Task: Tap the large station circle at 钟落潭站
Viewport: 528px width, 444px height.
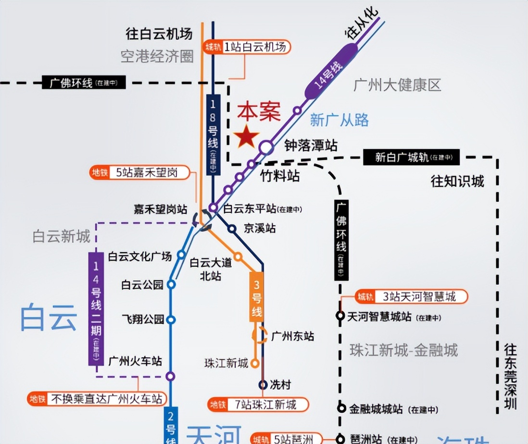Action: pyautogui.click(x=266, y=147)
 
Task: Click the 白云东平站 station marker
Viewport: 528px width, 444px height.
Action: pyautogui.click(x=213, y=208)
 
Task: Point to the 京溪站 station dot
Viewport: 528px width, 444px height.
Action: pyautogui.click(x=232, y=229)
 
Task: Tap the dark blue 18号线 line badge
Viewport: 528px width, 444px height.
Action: pyautogui.click(x=213, y=135)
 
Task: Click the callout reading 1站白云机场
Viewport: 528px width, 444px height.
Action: pyautogui.click(x=247, y=47)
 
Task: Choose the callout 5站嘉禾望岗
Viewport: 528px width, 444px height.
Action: pyautogui.click(x=140, y=172)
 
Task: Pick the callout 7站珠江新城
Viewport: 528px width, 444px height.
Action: pyautogui.click(x=258, y=405)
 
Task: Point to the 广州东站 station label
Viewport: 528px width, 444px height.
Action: pyautogui.click(x=292, y=336)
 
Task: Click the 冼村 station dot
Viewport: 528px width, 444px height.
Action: pyautogui.click(x=263, y=384)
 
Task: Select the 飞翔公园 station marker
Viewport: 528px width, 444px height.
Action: pyautogui.click(x=171, y=319)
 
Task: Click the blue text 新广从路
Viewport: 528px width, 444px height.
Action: pyautogui.click(x=339, y=120)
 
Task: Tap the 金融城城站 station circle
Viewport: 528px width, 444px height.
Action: pyautogui.click(x=341, y=408)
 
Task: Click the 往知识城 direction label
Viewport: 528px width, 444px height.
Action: pyautogui.click(x=457, y=181)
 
